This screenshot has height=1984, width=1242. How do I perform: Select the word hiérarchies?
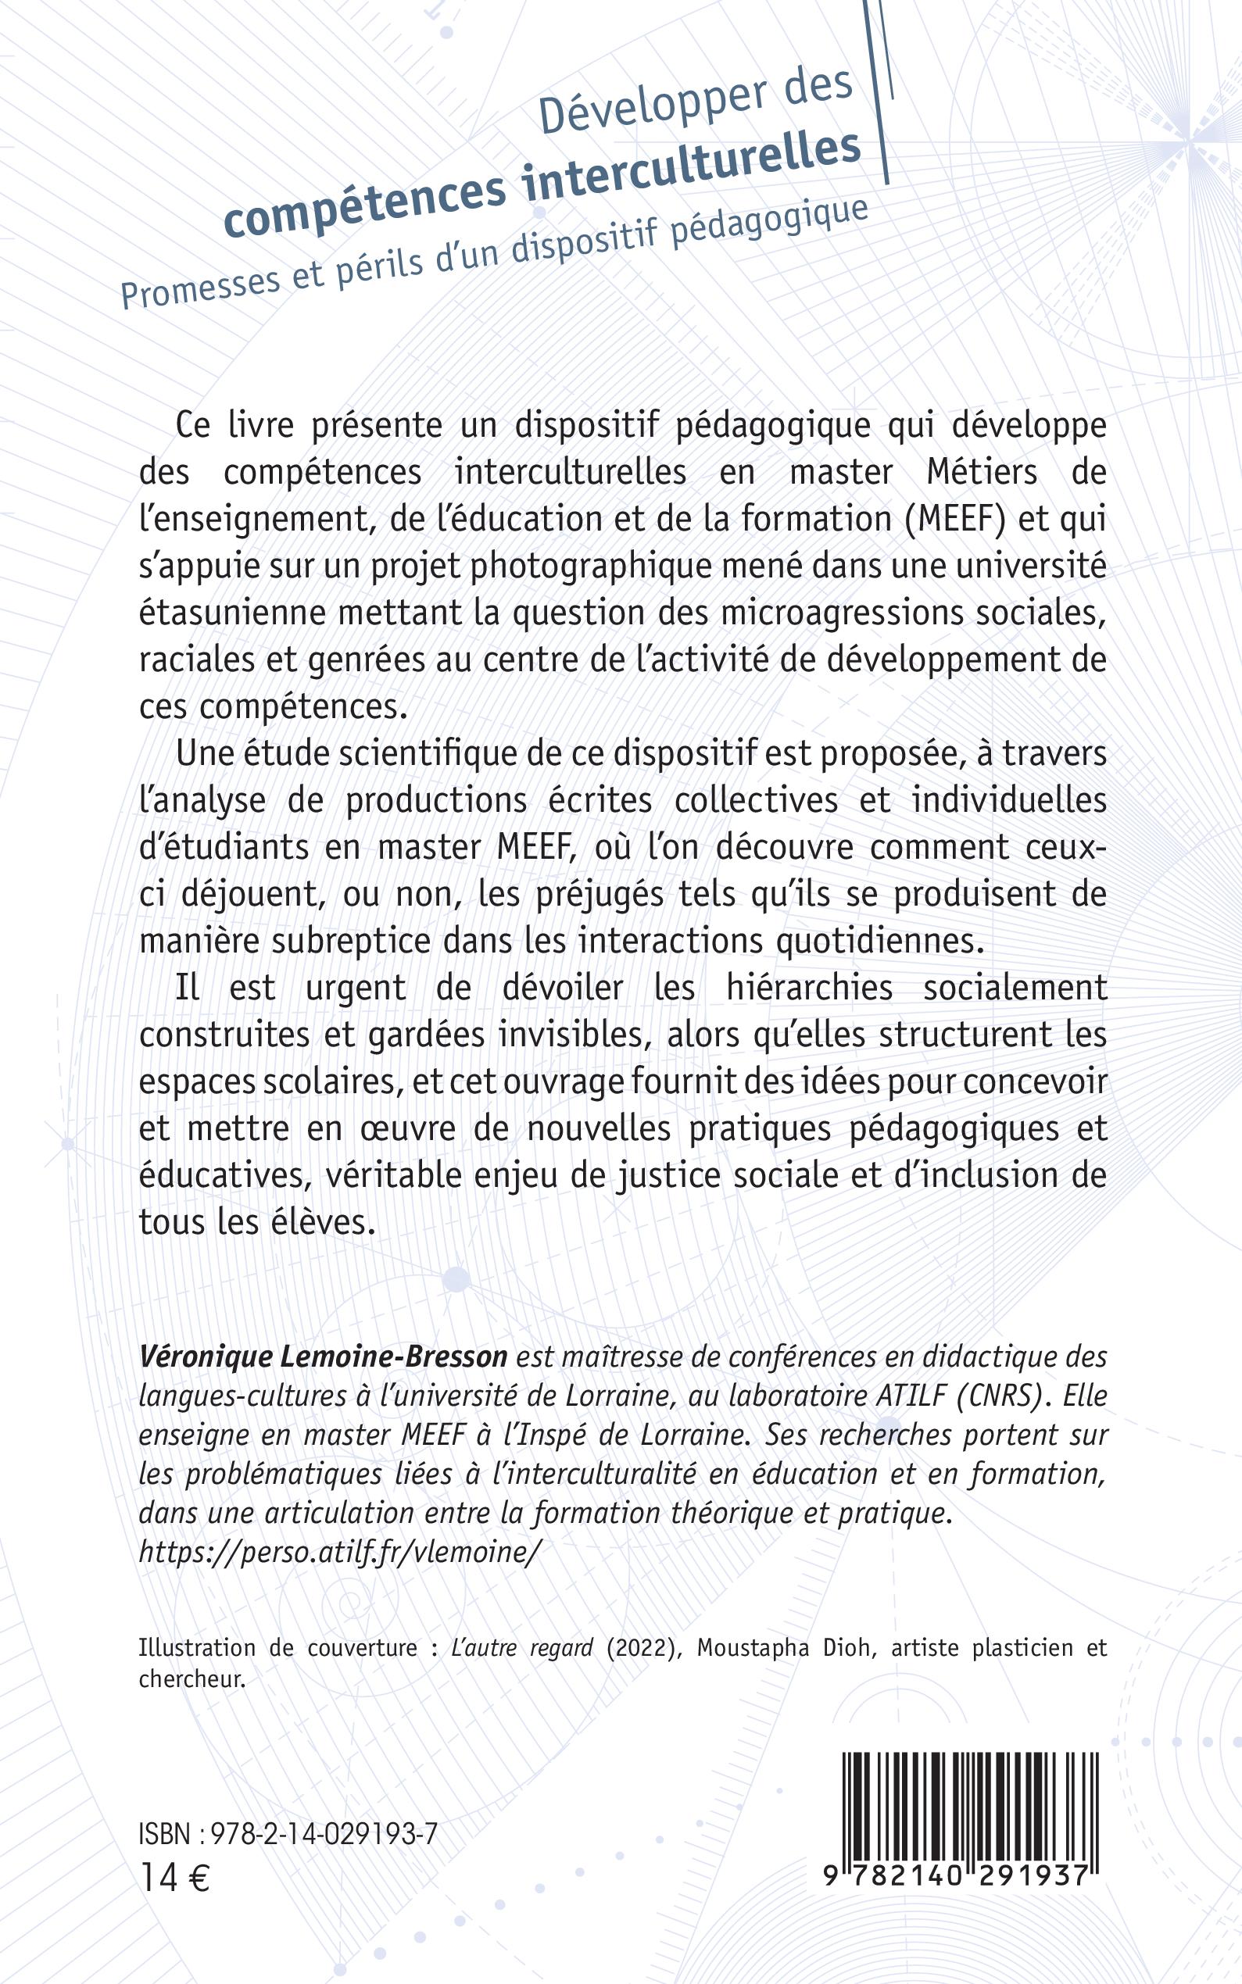point(809,988)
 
